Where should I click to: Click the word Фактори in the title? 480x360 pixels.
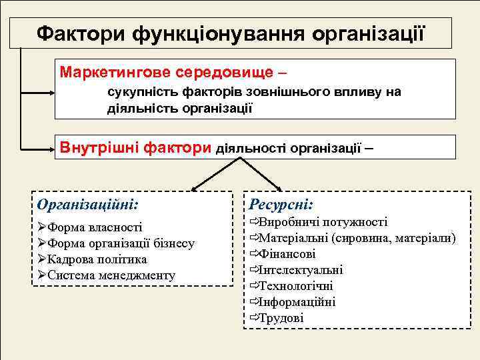click(x=81, y=33)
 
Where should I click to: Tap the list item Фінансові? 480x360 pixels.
click(x=287, y=254)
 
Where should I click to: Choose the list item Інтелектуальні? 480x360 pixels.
click(x=300, y=270)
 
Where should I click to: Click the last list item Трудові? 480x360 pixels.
click(x=281, y=318)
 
